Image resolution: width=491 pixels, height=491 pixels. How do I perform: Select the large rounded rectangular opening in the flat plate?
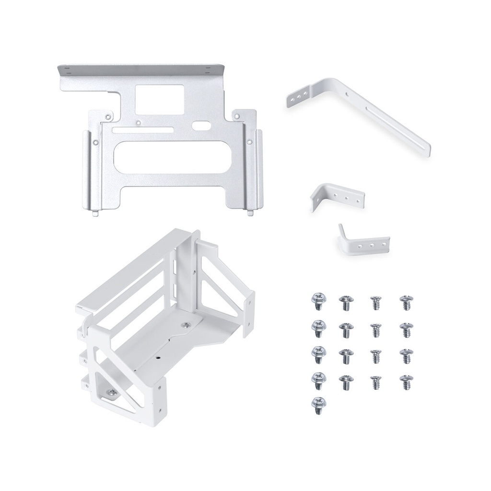pos(171,158)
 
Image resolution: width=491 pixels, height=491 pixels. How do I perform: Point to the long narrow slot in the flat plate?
pos(141,129)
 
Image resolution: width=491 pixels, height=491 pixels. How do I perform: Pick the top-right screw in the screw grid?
pos(406,303)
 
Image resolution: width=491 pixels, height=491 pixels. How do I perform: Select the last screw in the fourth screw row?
pos(406,382)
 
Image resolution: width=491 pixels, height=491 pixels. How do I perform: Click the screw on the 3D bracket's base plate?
pos(186,325)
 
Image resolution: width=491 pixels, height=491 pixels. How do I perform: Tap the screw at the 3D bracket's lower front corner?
pos(111,393)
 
